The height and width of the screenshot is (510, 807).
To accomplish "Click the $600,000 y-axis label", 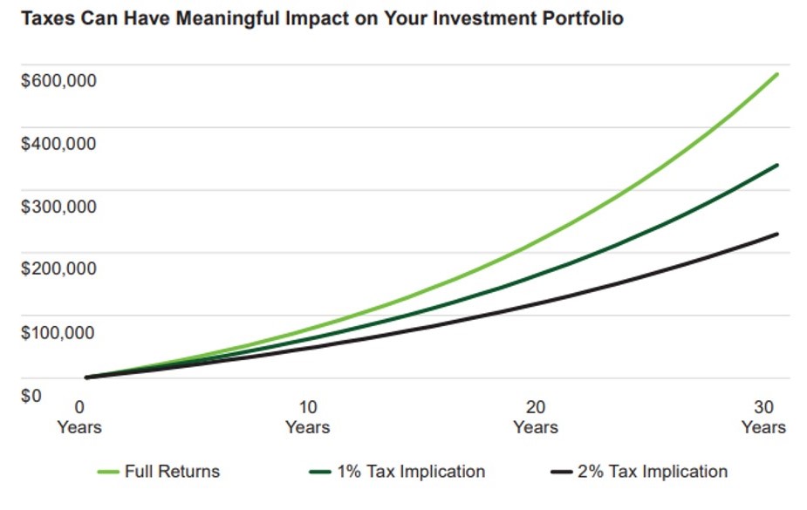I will point(58,81).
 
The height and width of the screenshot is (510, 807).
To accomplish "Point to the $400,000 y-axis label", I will point(58,144).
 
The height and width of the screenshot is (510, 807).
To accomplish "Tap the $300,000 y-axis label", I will point(58,207).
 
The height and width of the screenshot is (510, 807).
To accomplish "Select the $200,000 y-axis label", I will point(58,269).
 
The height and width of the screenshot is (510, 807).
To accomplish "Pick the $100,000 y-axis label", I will point(58,332).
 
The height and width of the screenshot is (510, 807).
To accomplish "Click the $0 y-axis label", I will point(31,395).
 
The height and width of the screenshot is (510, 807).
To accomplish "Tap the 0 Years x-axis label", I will point(79,417).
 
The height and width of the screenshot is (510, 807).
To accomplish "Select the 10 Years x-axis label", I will point(307,417).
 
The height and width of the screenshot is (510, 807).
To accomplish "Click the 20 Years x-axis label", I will point(536,417).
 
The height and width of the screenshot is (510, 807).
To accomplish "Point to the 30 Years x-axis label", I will point(763,417).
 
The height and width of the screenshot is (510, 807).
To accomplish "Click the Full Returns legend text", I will point(172,472).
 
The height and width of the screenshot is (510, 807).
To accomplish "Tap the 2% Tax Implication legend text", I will point(652,472).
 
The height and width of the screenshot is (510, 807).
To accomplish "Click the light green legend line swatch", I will point(107,472).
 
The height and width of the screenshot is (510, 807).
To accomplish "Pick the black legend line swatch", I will point(562,472).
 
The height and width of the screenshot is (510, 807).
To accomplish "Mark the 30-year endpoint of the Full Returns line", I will point(776,74).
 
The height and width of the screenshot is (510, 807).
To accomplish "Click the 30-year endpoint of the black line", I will point(776,234).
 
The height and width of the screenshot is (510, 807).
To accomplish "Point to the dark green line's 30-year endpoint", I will point(776,165).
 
